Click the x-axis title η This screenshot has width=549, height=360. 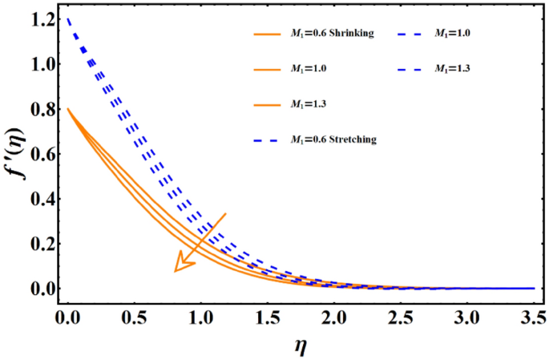point(300,346)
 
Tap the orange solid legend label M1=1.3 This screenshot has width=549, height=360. point(308,104)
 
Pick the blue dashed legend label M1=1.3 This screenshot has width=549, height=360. point(453,69)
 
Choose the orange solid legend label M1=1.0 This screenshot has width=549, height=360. point(308,69)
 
